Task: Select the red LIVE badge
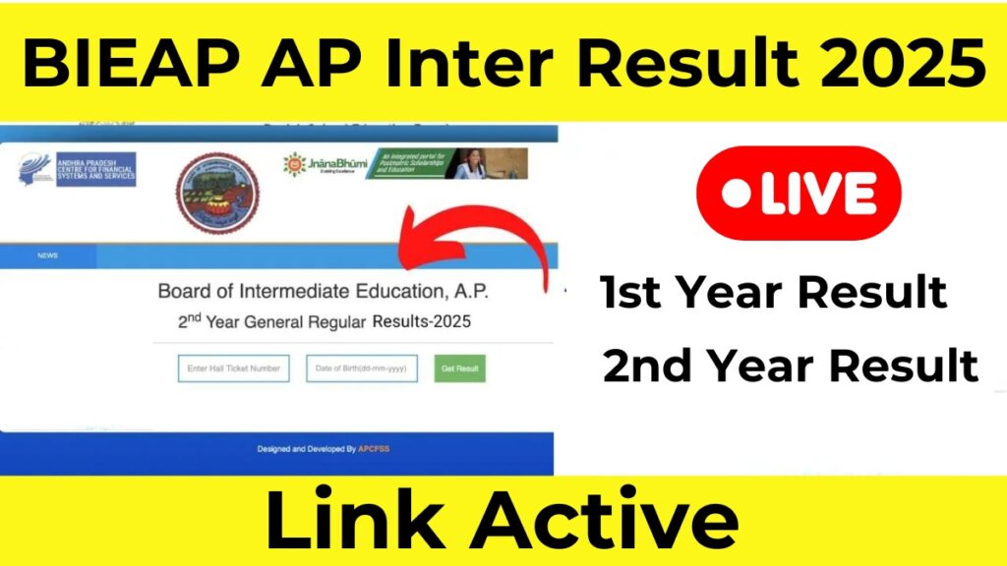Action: (798, 194)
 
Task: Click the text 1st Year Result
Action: (774, 292)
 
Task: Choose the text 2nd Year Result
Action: (791, 366)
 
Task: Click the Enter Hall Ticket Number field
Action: (233, 368)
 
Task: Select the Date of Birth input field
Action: (361, 368)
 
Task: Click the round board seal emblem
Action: (216, 193)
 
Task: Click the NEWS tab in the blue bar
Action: (47, 255)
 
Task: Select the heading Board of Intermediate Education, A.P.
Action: (322, 292)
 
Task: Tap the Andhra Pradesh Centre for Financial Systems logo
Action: (76, 169)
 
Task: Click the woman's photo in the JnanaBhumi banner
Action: (469, 165)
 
